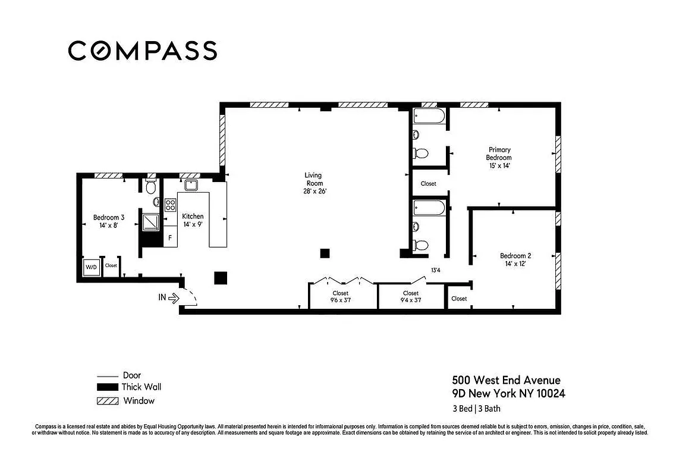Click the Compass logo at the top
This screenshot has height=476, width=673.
point(142,51)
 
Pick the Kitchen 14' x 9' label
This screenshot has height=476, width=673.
point(193,220)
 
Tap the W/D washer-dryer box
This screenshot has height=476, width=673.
point(91,266)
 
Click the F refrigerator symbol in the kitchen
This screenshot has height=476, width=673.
point(170,238)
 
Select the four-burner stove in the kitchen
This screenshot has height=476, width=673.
point(170,205)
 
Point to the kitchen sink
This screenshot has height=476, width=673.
point(191,184)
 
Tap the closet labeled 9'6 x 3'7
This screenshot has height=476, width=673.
point(341,297)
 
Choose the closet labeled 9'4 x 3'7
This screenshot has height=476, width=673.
point(411,297)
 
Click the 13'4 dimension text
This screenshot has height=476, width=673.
point(435,271)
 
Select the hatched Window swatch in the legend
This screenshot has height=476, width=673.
point(108,401)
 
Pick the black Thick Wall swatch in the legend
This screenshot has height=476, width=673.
point(108,387)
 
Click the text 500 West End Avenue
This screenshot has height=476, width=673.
point(506,380)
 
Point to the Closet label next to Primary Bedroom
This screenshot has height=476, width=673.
point(428,184)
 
